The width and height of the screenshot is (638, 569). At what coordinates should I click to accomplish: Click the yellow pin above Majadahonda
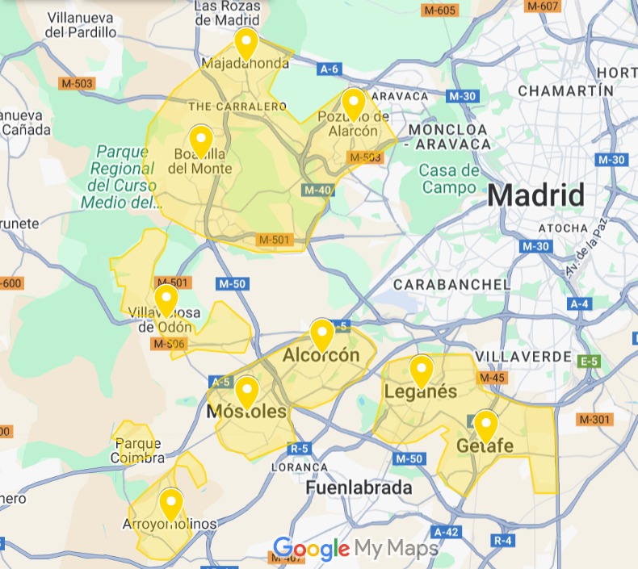(x=246, y=42)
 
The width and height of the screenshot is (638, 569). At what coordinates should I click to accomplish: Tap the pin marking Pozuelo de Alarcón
(x=353, y=103)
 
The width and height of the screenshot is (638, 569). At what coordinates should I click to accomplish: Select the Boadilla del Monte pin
(x=200, y=140)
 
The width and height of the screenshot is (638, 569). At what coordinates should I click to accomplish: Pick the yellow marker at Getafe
(x=485, y=425)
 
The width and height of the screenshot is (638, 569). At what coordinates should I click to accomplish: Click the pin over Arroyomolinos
(x=170, y=504)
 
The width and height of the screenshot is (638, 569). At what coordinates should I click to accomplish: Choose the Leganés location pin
(x=421, y=370)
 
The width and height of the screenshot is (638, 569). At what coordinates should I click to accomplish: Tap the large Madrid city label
(x=535, y=195)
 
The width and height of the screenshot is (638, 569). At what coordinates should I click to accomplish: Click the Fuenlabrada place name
(x=359, y=488)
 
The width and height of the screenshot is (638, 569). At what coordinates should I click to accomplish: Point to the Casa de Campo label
(x=448, y=178)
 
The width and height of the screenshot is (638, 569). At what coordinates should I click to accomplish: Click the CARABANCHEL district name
(x=451, y=284)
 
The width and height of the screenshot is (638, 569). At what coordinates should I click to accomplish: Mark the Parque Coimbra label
(x=138, y=450)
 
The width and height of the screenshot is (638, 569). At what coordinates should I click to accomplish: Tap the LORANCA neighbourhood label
(x=300, y=466)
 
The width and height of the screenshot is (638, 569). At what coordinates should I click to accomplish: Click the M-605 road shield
(x=440, y=10)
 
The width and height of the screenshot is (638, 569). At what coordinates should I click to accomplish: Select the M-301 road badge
(x=595, y=420)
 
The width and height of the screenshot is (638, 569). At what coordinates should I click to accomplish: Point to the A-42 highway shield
(x=446, y=532)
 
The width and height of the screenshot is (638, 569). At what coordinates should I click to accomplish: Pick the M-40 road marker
(x=318, y=190)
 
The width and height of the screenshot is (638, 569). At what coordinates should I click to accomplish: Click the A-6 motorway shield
(x=329, y=69)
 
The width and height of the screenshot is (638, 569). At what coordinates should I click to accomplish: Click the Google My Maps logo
(x=355, y=550)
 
